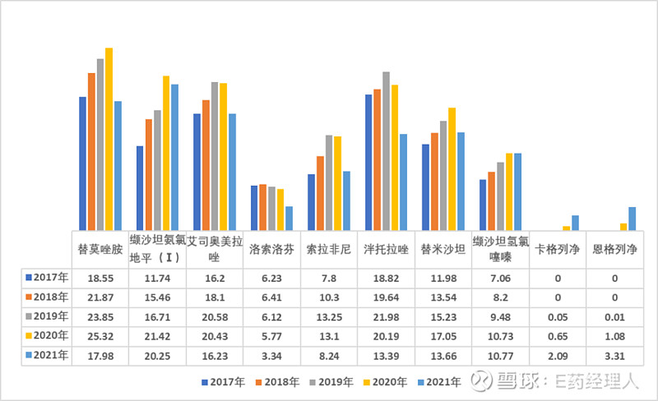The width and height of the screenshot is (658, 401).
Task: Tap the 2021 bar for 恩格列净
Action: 632,219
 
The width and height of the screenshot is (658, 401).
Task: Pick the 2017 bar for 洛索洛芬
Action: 255,208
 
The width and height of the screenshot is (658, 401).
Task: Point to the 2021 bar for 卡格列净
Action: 575,223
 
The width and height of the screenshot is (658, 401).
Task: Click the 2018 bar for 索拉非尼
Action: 320,193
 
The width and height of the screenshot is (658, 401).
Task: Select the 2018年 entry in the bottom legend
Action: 278,382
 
